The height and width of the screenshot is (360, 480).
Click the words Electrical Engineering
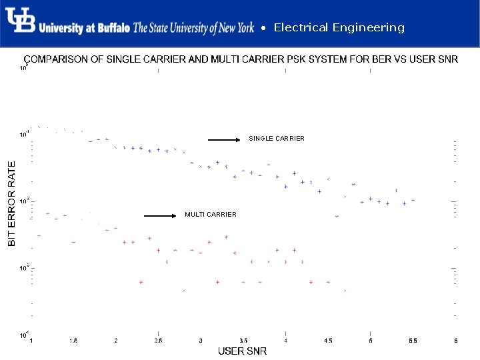tap(339, 27)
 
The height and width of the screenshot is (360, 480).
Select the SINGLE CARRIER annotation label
tap(277, 139)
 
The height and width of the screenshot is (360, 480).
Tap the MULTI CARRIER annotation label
tap(211, 215)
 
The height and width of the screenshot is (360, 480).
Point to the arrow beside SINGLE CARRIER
tap(223, 140)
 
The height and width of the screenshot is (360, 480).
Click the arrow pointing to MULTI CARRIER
tap(160, 216)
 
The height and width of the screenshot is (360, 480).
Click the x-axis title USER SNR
tap(243, 351)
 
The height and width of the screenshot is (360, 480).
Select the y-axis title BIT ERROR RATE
tap(11, 203)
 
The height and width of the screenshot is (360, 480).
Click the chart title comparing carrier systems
tap(241, 59)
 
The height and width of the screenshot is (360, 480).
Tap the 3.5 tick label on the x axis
tap(243, 341)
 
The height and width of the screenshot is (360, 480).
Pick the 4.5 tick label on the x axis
tap(328, 341)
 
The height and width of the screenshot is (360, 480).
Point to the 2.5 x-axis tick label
tap(158, 341)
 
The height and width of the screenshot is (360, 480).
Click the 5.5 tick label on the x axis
tap(413, 341)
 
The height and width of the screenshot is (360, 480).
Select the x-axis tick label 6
tap(456, 341)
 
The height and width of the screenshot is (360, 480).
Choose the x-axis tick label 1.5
tap(73, 341)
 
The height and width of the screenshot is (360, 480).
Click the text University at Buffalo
tap(84, 29)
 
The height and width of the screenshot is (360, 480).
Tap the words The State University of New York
tap(193, 28)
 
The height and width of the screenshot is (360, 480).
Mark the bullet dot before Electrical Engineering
tap(264, 29)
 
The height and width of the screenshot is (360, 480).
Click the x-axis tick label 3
tap(201, 341)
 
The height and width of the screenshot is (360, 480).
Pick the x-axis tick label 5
tap(371, 341)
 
